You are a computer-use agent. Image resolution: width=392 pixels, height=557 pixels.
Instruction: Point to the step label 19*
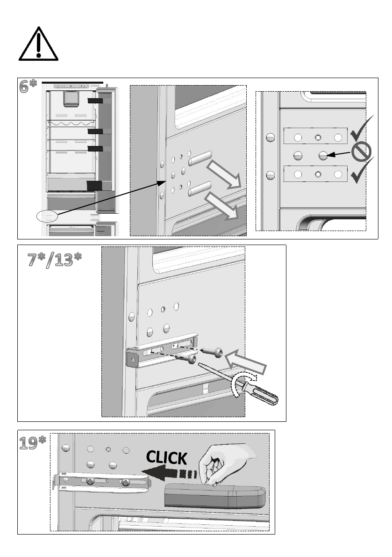click(33, 442)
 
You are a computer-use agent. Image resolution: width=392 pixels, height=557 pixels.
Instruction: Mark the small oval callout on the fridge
click(47, 216)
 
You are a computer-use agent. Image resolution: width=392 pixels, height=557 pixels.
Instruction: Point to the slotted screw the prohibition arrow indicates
click(323, 156)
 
